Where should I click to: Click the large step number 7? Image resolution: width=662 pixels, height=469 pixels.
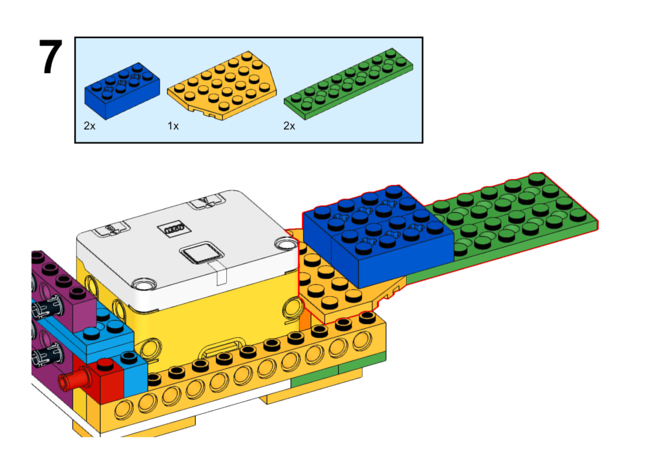point(50,57)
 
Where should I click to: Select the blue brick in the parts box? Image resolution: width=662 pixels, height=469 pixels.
point(122,91)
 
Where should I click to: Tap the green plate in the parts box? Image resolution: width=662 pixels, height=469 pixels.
point(348,83)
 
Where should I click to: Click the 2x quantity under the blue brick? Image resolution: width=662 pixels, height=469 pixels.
point(89,126)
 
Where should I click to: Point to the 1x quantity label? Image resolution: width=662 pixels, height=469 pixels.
point(173,126)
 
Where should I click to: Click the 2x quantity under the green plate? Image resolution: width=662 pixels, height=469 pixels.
point(289,126)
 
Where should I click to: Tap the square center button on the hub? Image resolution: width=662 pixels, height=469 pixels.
point(202,254)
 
